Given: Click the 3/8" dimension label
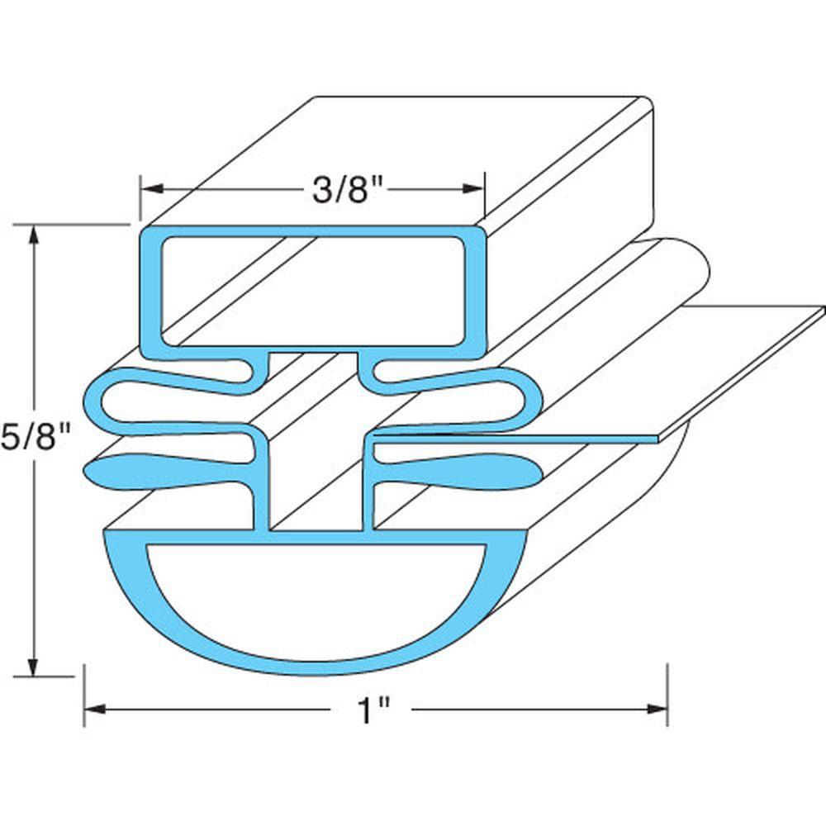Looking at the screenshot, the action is (347, 189).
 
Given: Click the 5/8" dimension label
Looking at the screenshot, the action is (36, 436).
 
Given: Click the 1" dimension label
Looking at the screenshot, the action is (373, 710).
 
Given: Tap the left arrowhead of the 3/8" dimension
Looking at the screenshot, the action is (152, 189).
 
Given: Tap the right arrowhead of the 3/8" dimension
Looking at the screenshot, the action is (472, 189).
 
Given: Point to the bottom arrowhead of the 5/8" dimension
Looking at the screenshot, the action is (35, 666).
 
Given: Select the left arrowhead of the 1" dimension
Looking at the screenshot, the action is (95, 710).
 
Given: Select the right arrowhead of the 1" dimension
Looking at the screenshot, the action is (657, 710).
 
